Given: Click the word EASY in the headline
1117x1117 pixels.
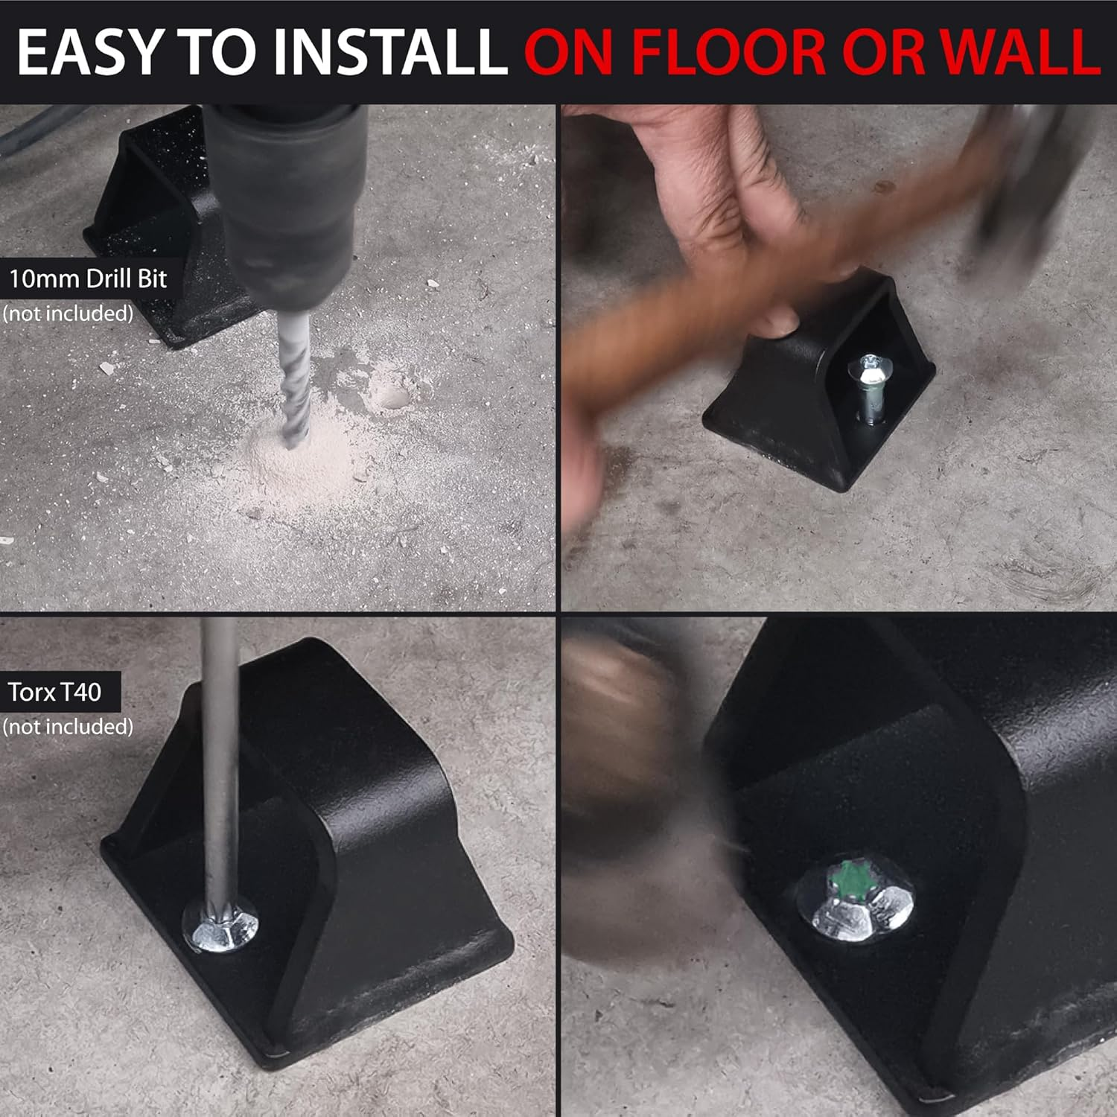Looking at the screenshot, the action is [91, 51].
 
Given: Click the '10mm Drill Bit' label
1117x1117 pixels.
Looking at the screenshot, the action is [88, 279].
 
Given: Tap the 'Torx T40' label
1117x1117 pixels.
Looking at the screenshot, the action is [54, 692].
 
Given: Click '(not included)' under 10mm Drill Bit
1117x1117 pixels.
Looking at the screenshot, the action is [67, 313].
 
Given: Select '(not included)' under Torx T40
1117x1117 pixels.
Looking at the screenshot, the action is [67, 726].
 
